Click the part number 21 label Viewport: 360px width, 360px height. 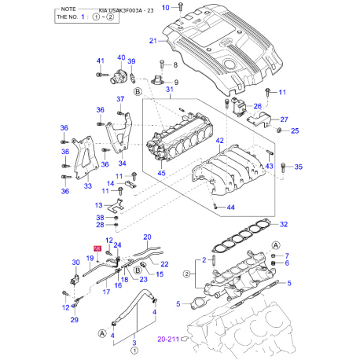[x=153, y=41]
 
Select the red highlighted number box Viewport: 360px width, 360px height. [x=97, y=248]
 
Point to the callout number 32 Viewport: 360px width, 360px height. [x=284, y=223]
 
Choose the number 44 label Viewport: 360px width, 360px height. [x=230, y=208]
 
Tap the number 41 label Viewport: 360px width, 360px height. [x=100, y=61]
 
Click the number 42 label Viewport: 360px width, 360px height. [x=219, y=139]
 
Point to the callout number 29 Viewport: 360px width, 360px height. [x=75, y=321]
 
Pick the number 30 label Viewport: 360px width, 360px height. [x=76, y=263]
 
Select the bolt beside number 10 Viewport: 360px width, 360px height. [x=181, y=7]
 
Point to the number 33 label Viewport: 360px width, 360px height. [x=88, y=186]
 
